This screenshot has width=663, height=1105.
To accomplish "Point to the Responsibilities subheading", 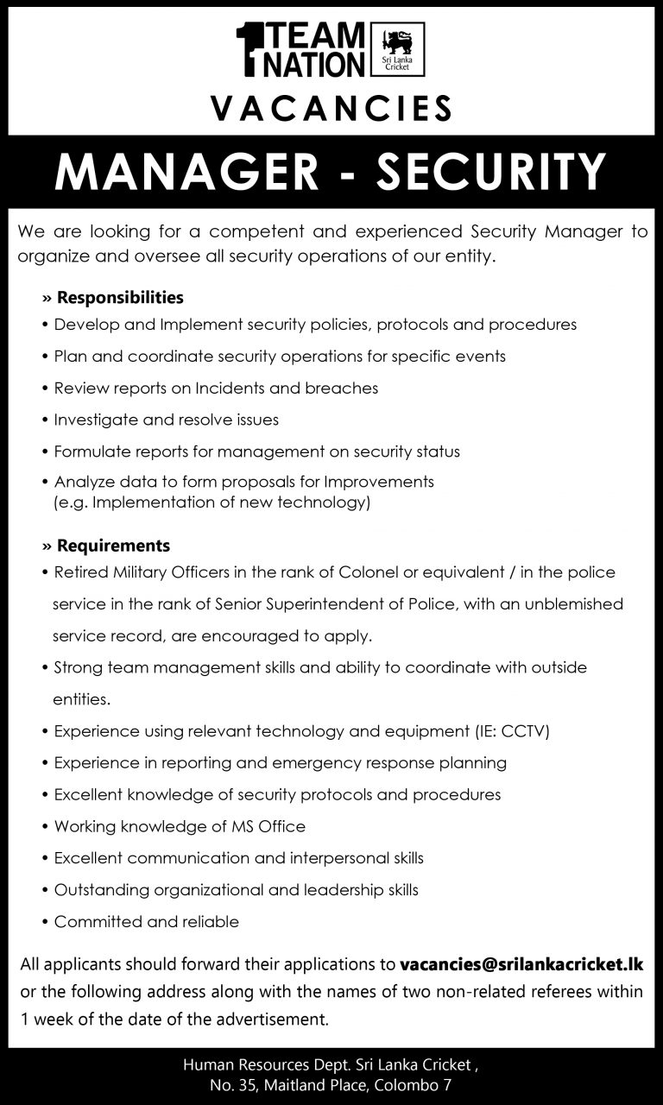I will [120, 298].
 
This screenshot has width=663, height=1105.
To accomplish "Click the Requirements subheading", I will [113, 546].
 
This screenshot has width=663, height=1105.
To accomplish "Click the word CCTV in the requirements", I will [522, 731].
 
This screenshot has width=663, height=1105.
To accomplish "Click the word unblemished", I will [573, 604].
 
